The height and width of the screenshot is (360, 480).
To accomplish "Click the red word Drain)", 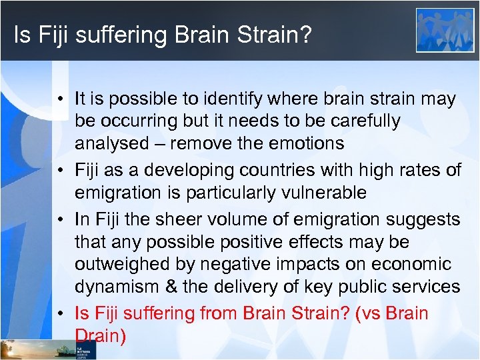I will tap(100, 336).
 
